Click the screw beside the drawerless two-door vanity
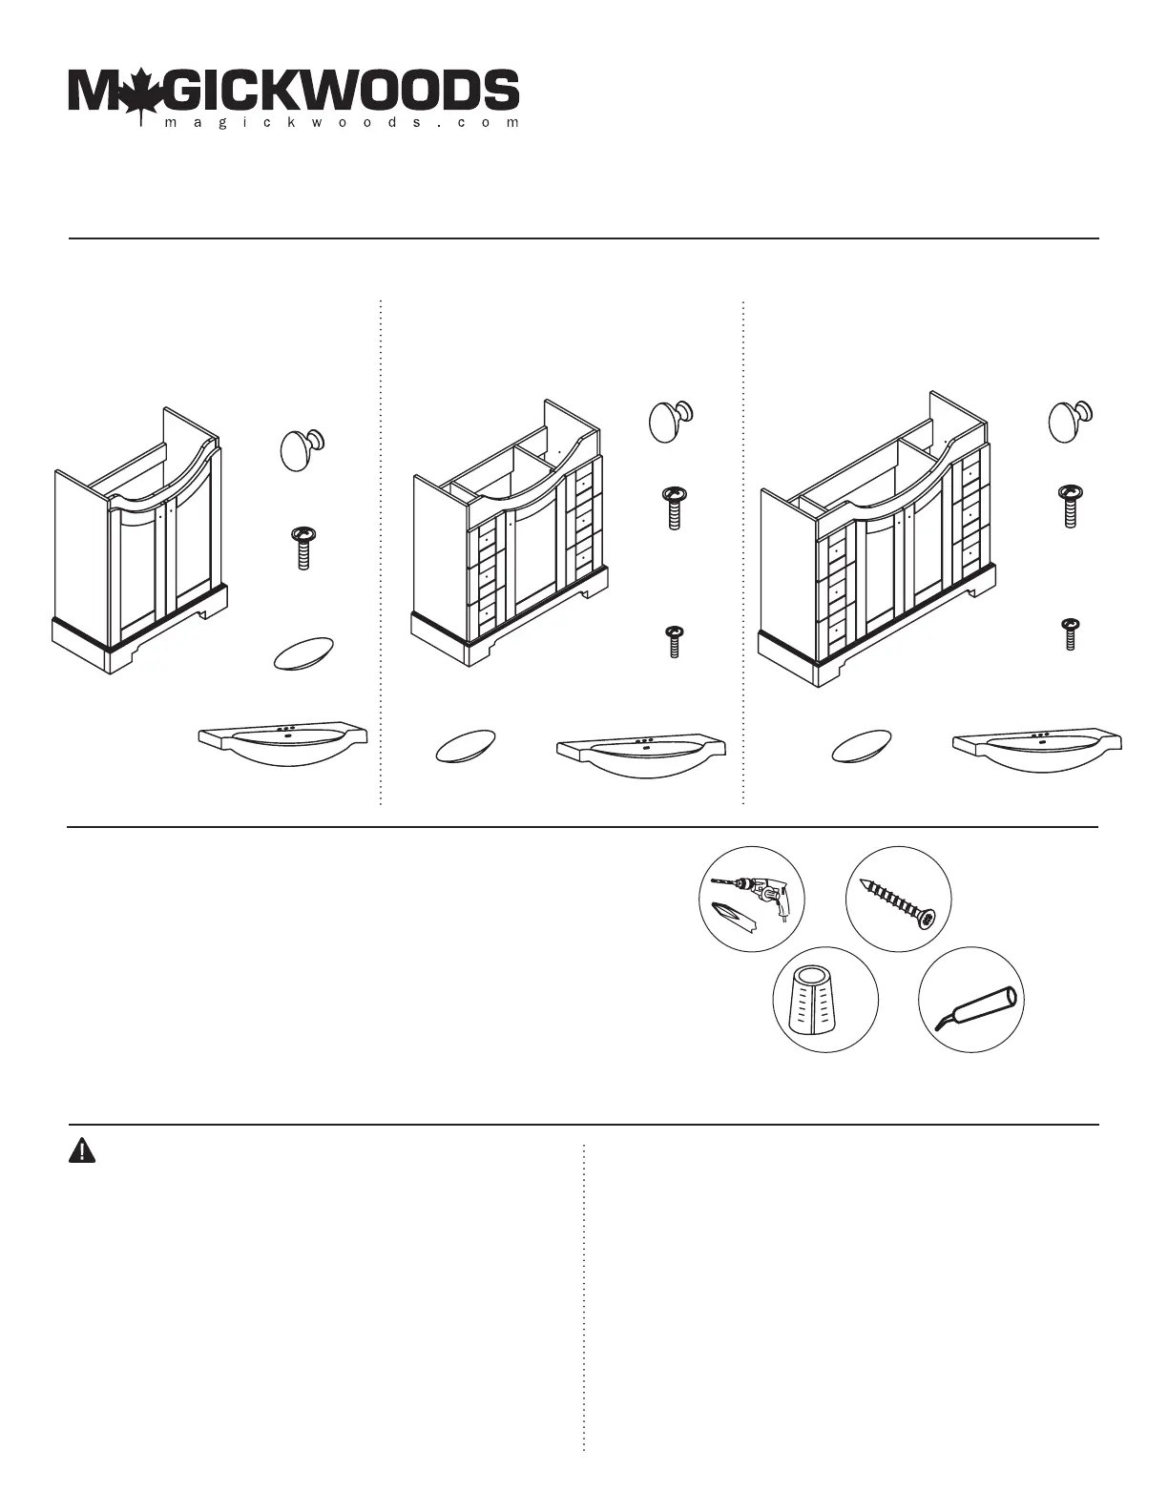pos(302,548)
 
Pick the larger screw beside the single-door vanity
pos(674,507)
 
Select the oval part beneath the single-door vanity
pos(459,747)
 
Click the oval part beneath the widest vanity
pos(856,748)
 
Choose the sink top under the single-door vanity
pos(641,752)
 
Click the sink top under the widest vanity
pos(1037,750)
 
